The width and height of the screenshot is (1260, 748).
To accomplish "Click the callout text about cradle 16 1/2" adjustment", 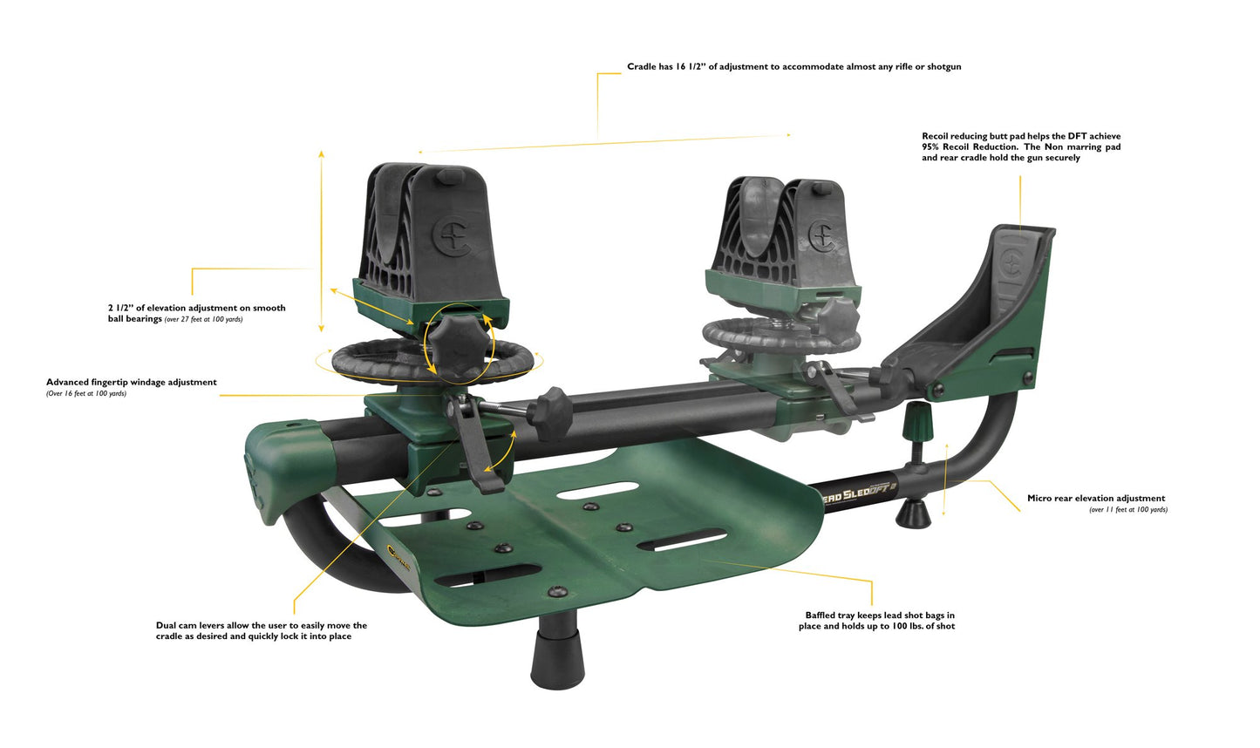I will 793,66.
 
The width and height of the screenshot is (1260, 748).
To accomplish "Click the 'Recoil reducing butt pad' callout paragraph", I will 1020,146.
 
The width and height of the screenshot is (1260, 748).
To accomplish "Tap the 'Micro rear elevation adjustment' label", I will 1095,499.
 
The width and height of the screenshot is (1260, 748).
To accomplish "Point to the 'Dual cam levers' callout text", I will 262,630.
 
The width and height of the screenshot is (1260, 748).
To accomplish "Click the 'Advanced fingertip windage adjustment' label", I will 132,383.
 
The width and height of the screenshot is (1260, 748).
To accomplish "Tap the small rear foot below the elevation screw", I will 913,514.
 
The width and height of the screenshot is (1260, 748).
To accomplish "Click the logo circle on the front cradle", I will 453,236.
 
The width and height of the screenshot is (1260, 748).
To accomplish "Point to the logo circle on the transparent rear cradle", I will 821,234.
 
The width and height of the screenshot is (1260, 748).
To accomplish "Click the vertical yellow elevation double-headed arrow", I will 321,241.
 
